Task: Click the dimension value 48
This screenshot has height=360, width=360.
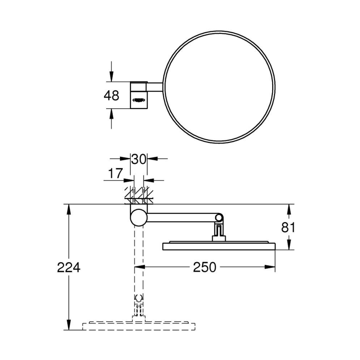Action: [x=111, y=95]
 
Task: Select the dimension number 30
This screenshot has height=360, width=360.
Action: [x=139, y=159]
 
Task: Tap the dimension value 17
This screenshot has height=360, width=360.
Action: [x=115, y=173]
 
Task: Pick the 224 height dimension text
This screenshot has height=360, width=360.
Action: [x=68, y=268]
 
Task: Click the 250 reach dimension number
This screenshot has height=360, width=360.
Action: [x=205, y=268]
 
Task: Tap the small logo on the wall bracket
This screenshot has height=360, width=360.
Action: [x=139, y=99]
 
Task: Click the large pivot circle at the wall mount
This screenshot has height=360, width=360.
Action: [x=139, y=217]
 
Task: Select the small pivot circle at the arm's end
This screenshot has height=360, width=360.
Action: [x=219, y=218]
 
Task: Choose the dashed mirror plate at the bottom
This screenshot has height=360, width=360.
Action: [x=139, y=326]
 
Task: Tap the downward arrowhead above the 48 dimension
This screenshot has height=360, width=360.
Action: [x=111, y=77]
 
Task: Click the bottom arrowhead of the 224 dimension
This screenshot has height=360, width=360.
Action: [x=68, y=326]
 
